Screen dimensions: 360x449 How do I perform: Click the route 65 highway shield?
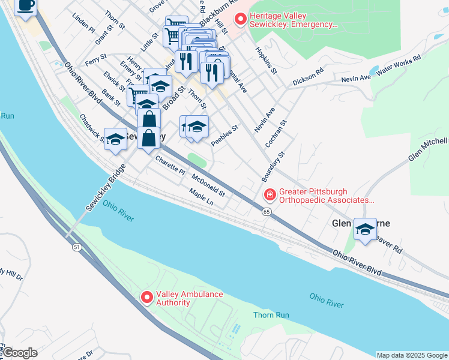pyautogui.click(x=266, y=211)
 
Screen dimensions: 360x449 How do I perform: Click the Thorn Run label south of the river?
pyautogui.click(x=271, y=315)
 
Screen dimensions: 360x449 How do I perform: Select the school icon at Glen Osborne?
pyautogui.click(x=365, y=229)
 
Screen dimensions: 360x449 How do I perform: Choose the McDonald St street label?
pyautogui.click(x=208, y=185)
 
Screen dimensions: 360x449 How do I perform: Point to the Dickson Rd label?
pyautogui.click(x=308, y=76)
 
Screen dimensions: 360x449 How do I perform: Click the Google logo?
pyautogui.click(x=19, y=353)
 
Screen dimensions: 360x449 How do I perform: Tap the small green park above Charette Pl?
pyautogui.click(x=197, y=159)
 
